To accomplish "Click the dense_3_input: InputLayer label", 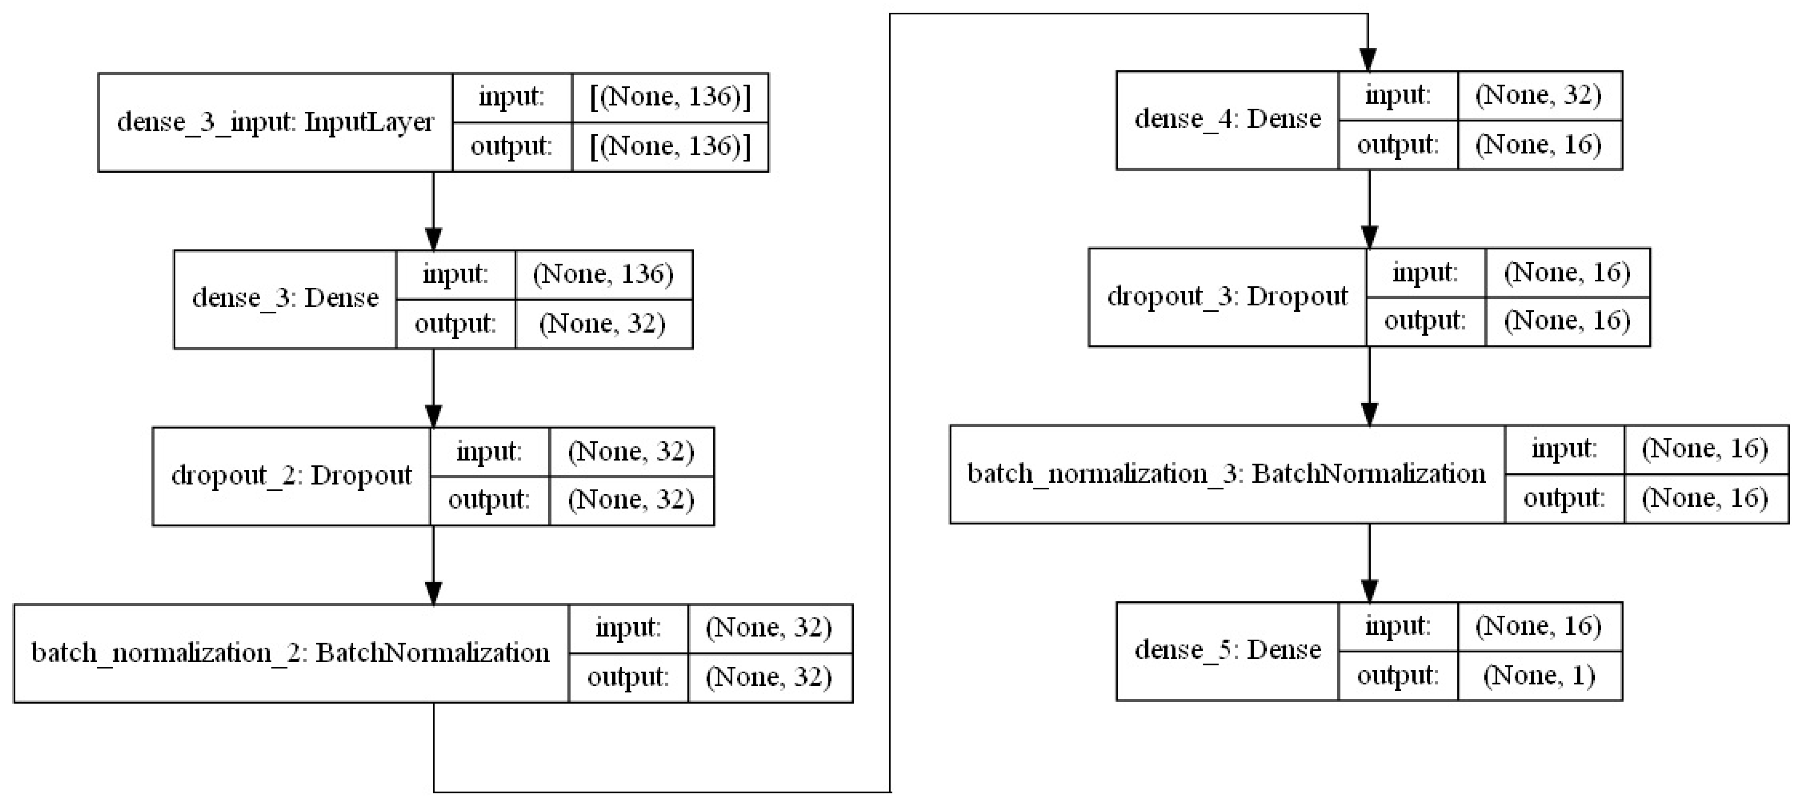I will [x=275, y=122].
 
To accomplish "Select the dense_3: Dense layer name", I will [x=285, y=299].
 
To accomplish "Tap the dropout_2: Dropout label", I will [x=291, y=476].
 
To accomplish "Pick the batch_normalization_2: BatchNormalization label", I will [x=291, y=653].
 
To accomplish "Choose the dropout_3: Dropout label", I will [x=1227, y=297].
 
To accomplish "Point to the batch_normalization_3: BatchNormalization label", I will [x=1226, y=474].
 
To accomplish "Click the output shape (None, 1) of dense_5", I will [x=1539, y=675].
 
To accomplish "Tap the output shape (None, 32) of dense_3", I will [x=602, y=323].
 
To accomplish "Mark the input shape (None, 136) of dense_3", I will [x=602, y=274].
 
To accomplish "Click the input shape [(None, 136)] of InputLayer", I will [x=670, y=96].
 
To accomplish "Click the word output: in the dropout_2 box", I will [x=489, y=499].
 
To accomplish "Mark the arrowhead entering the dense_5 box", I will [x=1369, y=591].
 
